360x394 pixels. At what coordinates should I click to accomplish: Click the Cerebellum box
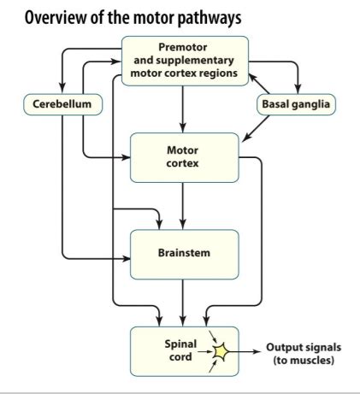pos(62,104)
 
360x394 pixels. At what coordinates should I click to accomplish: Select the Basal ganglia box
pos(296,104)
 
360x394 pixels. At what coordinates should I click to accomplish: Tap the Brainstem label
pos(184,253)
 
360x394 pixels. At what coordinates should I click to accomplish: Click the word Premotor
pos(183,47)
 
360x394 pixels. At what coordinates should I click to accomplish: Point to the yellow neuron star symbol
pos(221,351)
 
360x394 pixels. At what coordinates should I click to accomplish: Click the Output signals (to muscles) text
pos(304,354)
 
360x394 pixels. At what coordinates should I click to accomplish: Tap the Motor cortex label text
pos(182,156)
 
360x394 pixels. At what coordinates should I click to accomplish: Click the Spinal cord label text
pos(180,350)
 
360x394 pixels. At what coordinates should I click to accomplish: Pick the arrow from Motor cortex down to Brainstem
pos(183,206)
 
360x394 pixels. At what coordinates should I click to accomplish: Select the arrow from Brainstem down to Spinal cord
pos(183,303)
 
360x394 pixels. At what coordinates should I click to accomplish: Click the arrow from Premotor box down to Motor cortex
pos(183,109)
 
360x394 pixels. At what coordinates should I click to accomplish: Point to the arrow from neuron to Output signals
pos(245,351)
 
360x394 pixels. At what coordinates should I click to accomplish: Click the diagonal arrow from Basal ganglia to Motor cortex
pos(256,128)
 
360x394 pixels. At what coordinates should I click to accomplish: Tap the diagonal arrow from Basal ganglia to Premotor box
pos(259,84)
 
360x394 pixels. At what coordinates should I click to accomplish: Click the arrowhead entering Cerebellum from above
pos(62,89)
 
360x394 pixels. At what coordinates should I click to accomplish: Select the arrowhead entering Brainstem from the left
pos(126,259)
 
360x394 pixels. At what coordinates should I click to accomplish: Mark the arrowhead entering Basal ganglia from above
pos(298,89)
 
